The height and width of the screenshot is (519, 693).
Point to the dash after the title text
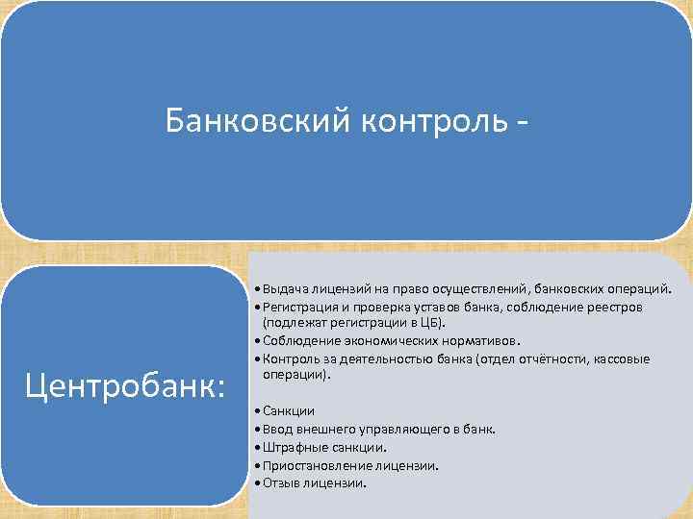(522, 123)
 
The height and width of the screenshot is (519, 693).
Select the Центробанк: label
(126, 384)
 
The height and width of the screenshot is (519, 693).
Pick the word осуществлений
(462, 288)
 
